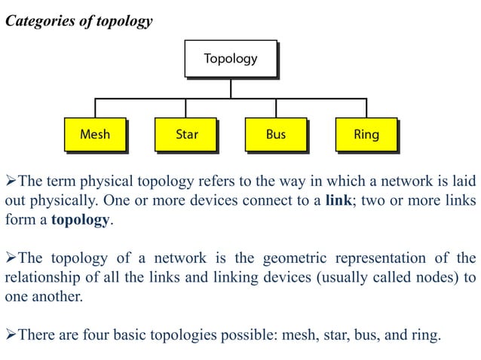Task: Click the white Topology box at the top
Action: click(230, 58)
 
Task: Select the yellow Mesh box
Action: click(94, 135)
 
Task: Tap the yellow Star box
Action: click(185, 135)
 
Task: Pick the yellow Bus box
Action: click(276, 135)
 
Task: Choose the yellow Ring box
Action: click(366, 135)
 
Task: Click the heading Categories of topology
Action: click(79, 21)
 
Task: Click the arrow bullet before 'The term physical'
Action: click(10, 183)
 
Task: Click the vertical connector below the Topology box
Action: click(231, 87)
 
